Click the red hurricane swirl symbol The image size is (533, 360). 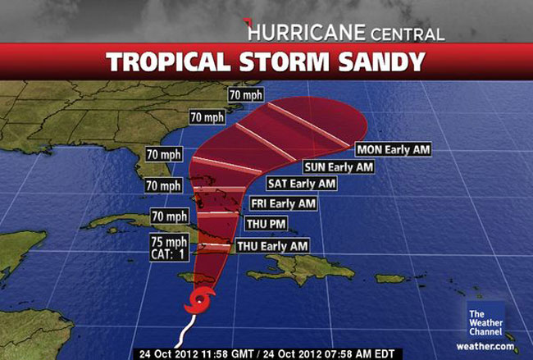[x=199, y=302]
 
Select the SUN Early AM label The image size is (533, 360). [x=338, y=166]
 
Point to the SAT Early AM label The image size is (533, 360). [x=301, y=183]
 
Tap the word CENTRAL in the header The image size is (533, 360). [x=408, y=34]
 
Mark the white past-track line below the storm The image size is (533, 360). [x=185, y=332]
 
